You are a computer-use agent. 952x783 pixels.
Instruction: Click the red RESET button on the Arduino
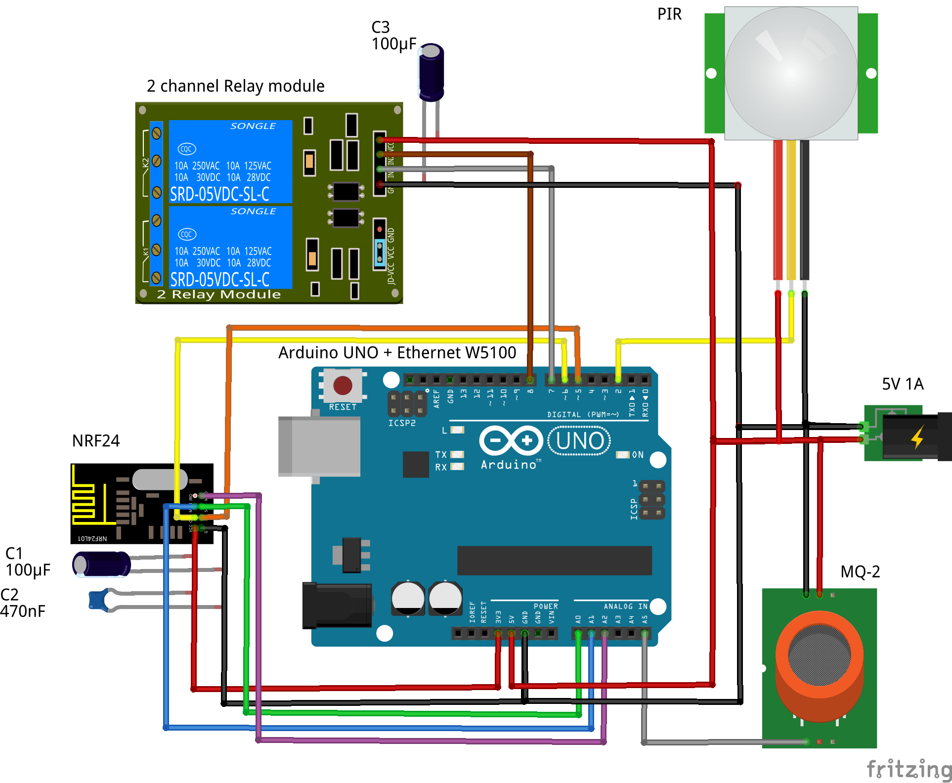point(343,386)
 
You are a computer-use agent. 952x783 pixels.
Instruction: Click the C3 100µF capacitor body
point(431,72)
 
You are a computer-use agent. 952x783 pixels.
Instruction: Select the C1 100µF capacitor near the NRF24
point(101,564)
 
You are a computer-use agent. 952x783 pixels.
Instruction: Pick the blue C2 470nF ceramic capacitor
point(99,600)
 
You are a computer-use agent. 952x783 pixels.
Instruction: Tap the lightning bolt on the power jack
point(917,437)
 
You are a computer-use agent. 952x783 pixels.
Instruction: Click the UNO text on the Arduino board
point(579,441)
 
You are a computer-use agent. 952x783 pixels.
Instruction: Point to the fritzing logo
point(909,769)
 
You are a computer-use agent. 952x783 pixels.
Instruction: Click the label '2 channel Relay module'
point(235,86)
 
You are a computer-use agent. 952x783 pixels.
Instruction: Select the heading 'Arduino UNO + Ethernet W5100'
point(397,352)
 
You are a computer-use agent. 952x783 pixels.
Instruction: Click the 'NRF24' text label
point(96,440)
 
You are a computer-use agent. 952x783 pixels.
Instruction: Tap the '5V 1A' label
point(903,384)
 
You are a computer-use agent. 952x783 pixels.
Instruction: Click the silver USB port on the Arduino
point(319,446)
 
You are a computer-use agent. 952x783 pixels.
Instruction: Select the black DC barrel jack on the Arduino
point(338,606)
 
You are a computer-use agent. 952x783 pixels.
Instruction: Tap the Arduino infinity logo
point(511,440)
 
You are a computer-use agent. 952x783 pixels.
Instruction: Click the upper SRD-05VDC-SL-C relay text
point(219,194)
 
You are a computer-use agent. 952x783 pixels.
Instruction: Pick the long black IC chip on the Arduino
point(554,561)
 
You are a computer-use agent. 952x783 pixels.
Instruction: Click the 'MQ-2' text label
point(860,571)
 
